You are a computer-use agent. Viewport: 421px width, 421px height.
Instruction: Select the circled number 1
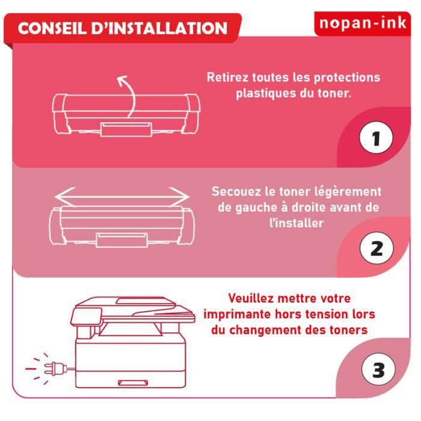coord(376,139)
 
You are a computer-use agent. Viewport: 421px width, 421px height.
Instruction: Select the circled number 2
coord(376,248)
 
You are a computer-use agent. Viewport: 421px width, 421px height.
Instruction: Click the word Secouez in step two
coord(236,192)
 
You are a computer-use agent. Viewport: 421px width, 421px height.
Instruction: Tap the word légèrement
coord(348,192)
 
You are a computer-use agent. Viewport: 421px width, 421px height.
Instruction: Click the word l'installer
coord(297,223)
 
